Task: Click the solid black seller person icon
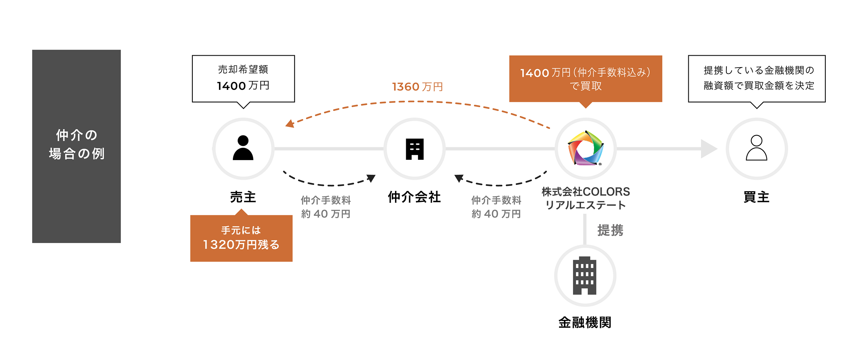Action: [x=243, y=148]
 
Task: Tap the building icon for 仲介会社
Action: [x=414, y=149]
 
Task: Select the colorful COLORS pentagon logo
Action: [x=585, y=148]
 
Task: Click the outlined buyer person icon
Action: [x=756, y=148]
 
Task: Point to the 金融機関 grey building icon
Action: [x=585, y=275]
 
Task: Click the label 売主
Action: [x=243, y=197]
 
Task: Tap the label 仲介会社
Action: [x=414, y=197]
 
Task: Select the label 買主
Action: [x=756, y=197]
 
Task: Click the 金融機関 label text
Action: [x=585, y=322]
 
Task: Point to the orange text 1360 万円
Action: [x=417, y=87]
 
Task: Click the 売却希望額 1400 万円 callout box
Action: [x=243, y=78]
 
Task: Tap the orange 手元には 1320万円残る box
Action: [x=241, y=238]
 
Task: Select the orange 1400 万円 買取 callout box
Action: [x=585, y=79]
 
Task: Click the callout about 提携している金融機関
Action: [x=757, y=78]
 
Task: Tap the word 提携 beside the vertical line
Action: [x=610, y=230]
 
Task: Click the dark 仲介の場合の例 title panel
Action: [x=76, y=146]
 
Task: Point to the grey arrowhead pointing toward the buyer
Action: [x=709, y=149]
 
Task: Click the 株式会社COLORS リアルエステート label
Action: [x=585, y=198]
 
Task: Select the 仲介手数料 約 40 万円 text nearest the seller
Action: [x=325, y=207]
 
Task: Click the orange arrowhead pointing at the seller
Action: [x=290, y=124]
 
